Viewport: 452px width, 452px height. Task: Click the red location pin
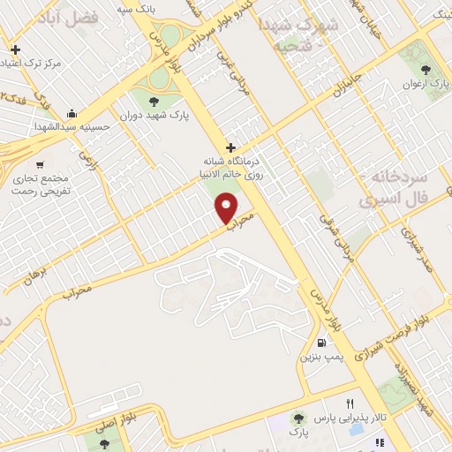click(228, 207)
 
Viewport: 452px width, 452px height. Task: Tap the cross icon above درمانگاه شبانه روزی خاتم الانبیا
click(230, 147)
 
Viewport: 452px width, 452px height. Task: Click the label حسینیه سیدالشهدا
click(72, 127)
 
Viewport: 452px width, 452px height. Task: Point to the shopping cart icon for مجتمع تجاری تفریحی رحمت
click(39, 163)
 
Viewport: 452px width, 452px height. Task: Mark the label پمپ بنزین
click(320, 358)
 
